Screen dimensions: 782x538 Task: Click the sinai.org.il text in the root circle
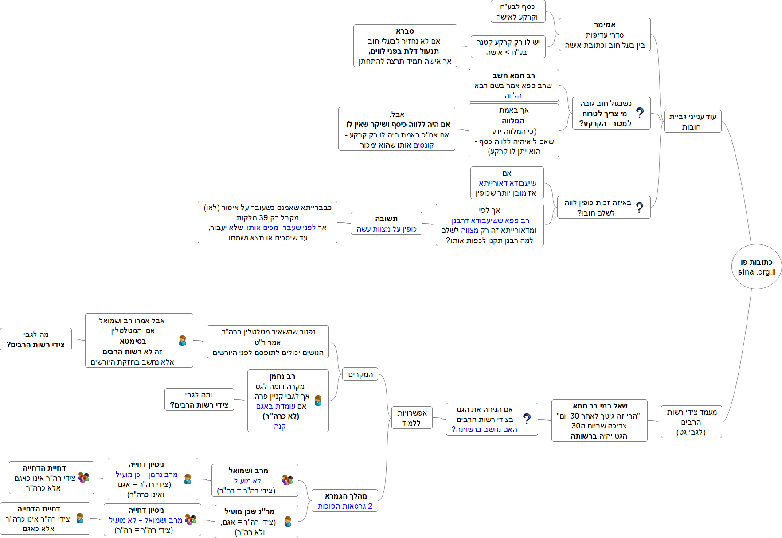point(757,272)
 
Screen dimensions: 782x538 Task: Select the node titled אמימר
point(605,35)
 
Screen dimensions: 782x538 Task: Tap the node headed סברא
point(405,46)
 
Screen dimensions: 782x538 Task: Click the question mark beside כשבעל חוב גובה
point(640,113)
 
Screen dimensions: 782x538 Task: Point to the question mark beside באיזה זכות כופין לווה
point(639,207)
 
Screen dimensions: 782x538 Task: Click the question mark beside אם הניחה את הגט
point(527,418)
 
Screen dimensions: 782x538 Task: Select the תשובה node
point(386,223)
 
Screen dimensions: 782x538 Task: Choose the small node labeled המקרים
point(360,374)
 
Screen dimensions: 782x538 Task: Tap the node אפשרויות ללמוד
point(411,418)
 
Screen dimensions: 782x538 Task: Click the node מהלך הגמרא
point(345,501)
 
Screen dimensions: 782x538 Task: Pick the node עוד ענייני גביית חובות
point(692,122)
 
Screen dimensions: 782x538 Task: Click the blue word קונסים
point(423,145)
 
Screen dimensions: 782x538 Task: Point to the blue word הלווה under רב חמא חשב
point(513,95)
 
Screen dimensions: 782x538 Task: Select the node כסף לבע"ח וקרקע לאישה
point(517,12)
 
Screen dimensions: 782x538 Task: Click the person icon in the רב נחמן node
point(318,401)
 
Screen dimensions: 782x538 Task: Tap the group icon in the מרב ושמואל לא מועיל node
point(287,479)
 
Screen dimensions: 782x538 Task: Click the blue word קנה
point(280,426)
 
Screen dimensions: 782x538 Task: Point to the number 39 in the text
point(263,218)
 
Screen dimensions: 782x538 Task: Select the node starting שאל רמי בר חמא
point(599,420)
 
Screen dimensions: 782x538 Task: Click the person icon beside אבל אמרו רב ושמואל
point(182,340)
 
